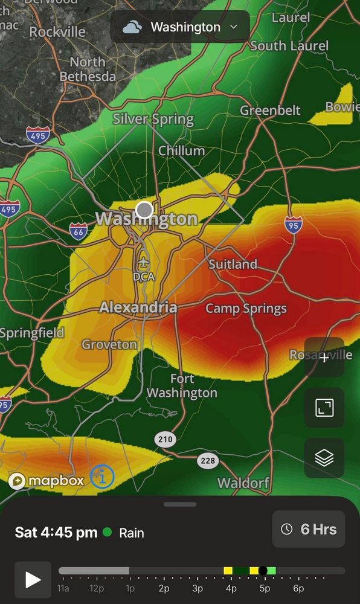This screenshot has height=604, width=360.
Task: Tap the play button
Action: pos(33,580)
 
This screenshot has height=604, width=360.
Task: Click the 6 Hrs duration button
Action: pos(309,529)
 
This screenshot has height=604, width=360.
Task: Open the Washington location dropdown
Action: pos(179,27)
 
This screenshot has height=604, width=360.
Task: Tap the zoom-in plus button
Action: pos(324,358)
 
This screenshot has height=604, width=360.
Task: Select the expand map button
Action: pos(324,408)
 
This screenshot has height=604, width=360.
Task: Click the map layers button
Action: pos(324,458)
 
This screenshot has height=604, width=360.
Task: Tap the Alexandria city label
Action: pos(138,307)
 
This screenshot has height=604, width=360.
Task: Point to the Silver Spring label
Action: pos(153,119)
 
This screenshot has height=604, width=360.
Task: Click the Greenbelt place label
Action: pos(270,110)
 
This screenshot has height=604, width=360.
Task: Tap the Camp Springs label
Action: pos(246,309)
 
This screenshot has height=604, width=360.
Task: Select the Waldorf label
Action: pos(243,483)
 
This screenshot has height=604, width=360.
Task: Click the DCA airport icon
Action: pos(143,262)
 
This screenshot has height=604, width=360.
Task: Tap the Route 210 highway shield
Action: pos(165,439)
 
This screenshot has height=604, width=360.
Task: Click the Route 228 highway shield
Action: pos(208,461)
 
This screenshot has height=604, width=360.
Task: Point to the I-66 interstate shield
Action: pos(78,230)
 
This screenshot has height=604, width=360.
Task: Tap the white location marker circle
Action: pos(144,210)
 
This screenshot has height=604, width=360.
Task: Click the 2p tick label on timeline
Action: pos(164,588)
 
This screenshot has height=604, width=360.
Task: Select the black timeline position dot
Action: pos(263,571)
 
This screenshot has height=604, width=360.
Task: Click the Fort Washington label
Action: pos(182,386)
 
